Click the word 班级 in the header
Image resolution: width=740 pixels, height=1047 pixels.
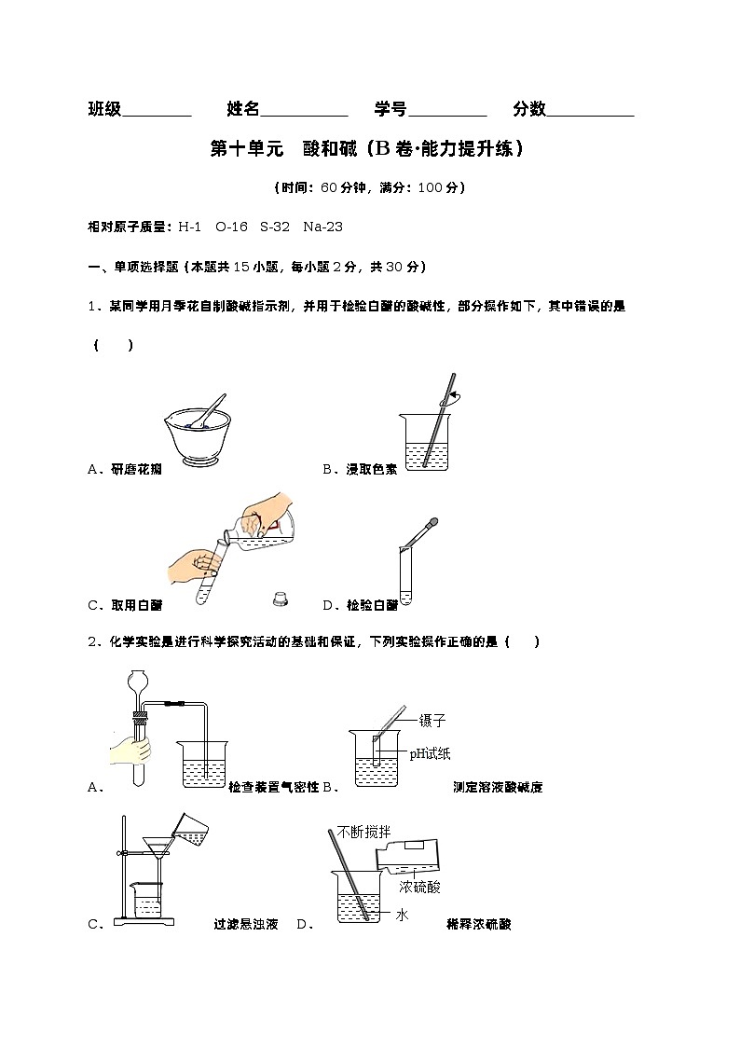click(104, 109)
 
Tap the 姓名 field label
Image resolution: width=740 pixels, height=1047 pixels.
click(243, 109)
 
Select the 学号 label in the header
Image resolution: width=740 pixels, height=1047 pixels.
click(391, 109)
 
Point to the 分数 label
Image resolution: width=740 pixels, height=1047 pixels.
click(528, 109)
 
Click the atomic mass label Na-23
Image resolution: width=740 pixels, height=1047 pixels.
click(323, 227)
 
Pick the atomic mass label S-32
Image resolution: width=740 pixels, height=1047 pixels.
click(275, 227)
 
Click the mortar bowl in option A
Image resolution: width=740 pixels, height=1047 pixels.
click(198, 438)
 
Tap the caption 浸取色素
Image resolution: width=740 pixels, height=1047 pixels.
click(372, 470)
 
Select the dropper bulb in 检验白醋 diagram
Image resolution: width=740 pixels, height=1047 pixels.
click(432, 523)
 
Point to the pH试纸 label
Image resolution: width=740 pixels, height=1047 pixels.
click(431, 753)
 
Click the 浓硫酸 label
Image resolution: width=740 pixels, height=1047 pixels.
click(419, 887)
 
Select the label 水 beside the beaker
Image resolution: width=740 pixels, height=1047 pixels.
click(402, 916)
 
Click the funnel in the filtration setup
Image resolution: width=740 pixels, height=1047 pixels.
click(155, 850)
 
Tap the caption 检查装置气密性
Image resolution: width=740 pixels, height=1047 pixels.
click(273, 787)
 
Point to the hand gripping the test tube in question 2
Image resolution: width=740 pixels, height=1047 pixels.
click(130, 750)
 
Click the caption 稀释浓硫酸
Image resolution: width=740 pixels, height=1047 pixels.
click(479, 925)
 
